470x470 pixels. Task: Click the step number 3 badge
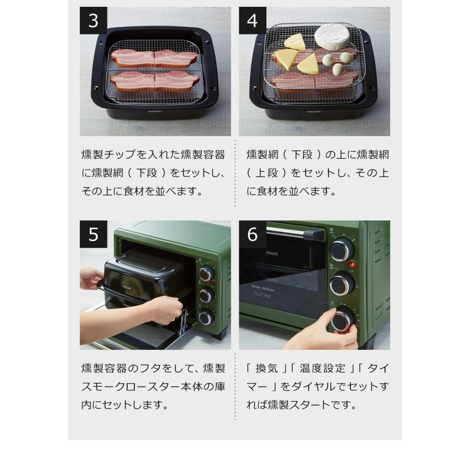click(x=93, y=20)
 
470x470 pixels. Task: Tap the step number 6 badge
click(x=253, y=234)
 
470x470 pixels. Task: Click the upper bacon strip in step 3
click(x=155, y=58)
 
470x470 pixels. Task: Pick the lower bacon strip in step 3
click(x=155, y=81)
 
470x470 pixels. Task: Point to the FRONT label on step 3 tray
click(x=155, y=111)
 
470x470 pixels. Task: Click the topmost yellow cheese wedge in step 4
click(x=295, y=42)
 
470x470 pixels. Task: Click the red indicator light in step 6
click(x=354, y=265)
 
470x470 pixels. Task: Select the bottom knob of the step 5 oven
click(x=206, y=316)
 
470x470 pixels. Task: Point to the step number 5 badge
click(x=93, y=234)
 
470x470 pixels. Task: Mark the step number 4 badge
click(x=253, y=20)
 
